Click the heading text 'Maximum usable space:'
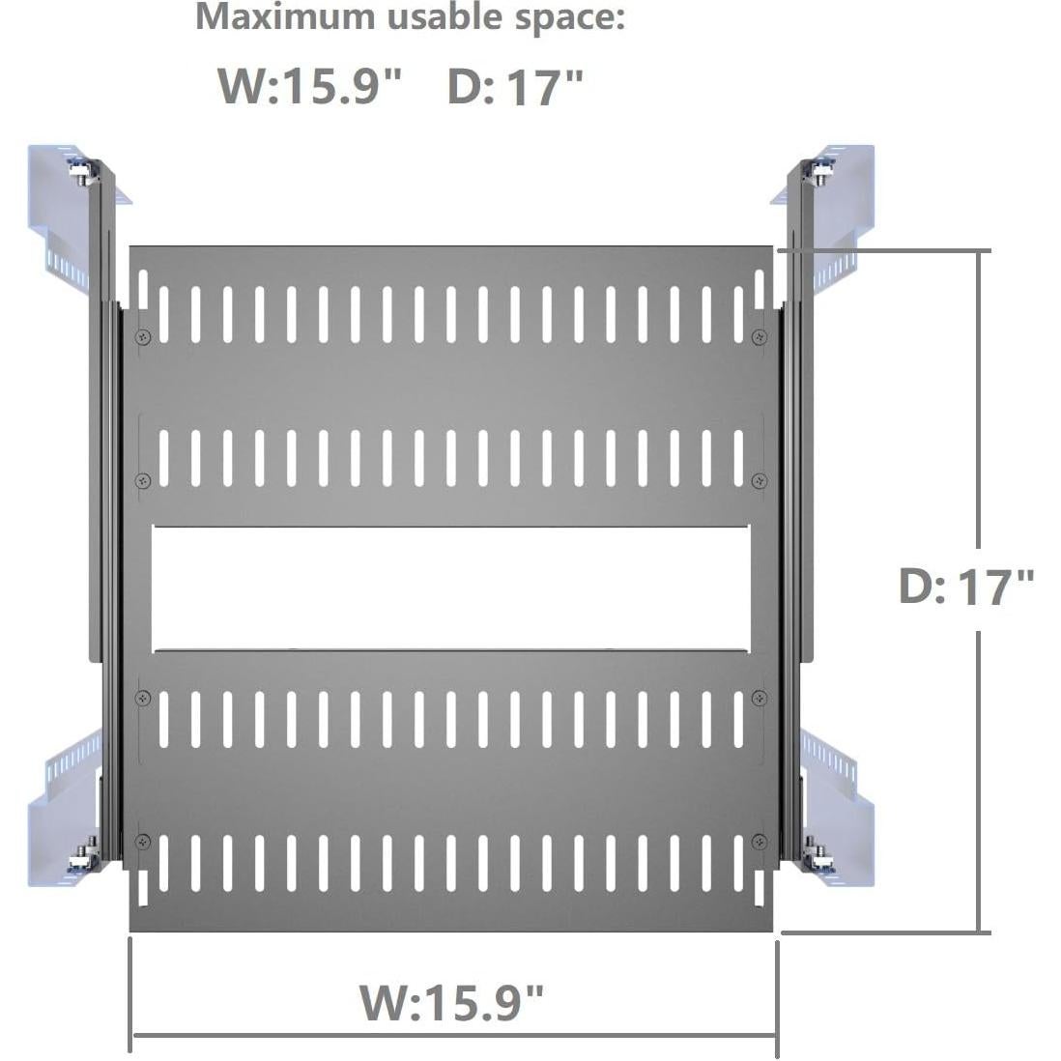[410, 17]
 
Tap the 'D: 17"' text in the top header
[515, 87]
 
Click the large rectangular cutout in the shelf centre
[450, 588]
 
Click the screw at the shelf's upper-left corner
[144, 336]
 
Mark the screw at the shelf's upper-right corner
[759, 336]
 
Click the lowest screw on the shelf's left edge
[144, 839]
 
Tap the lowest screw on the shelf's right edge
[760, 839]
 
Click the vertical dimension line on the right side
[981, 435]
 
